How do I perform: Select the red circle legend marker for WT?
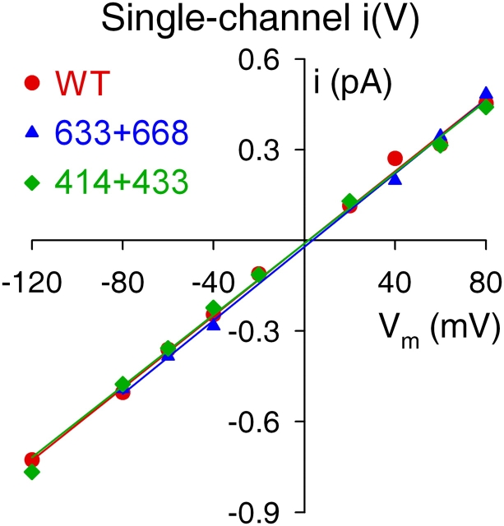click(32, 82)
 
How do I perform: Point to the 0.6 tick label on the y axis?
click(261, 60)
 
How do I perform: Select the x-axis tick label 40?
click(395, 287)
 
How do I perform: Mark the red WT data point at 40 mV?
click(395, 158)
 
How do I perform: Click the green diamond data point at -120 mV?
click(32, 472)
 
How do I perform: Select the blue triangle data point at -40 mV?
click(214, 325)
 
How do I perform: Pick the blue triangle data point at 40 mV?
click(395, 178)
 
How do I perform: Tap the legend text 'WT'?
click(83, 82)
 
